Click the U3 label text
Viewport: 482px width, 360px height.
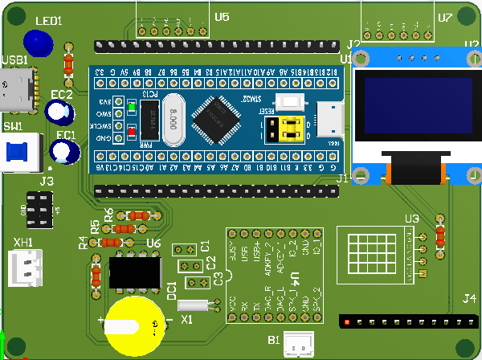click(411, 219)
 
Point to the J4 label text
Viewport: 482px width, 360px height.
click(469, 299)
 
